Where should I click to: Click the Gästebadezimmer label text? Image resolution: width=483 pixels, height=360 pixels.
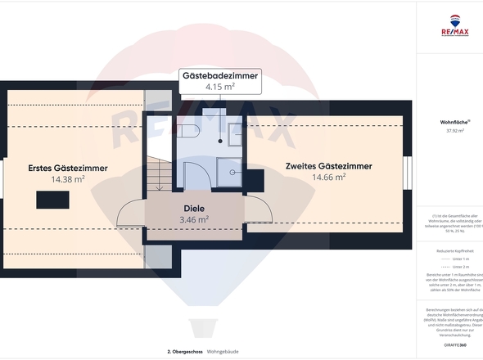220,75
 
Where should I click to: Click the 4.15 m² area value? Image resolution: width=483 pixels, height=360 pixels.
220,86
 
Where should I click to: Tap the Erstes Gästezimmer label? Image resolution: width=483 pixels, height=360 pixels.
68,168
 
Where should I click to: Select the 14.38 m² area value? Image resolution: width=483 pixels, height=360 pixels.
68,179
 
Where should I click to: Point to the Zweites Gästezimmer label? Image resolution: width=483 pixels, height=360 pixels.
328,166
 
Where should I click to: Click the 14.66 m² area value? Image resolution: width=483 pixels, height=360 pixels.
328,177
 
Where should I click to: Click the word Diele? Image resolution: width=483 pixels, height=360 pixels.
194,208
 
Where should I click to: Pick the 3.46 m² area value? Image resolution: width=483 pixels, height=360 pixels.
195,219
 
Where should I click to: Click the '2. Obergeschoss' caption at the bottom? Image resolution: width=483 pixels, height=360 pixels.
184,351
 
